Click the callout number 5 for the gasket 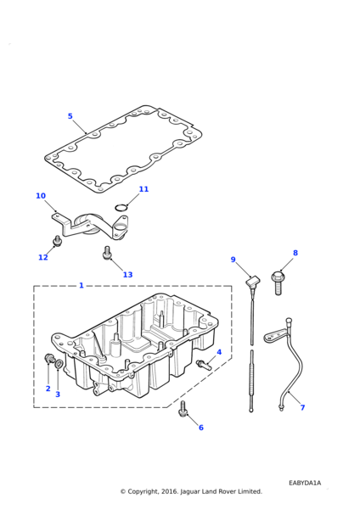click(70, 116)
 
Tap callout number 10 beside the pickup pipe click(41, 196)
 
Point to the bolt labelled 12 click(57, 241)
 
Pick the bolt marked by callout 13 click(107, 253)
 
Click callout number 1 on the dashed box click(82, 285)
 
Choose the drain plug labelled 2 click(49, 358)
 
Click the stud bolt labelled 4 click(204, 364)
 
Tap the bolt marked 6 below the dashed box click(183, 410)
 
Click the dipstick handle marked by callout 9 click(253, 281)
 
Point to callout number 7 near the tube click(302, 407)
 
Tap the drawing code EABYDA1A click(305, 483)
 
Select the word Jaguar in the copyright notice click(189, 492)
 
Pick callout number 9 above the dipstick click(233, 260)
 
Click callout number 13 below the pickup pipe click(127, 275)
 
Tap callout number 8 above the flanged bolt click(295, 253)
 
